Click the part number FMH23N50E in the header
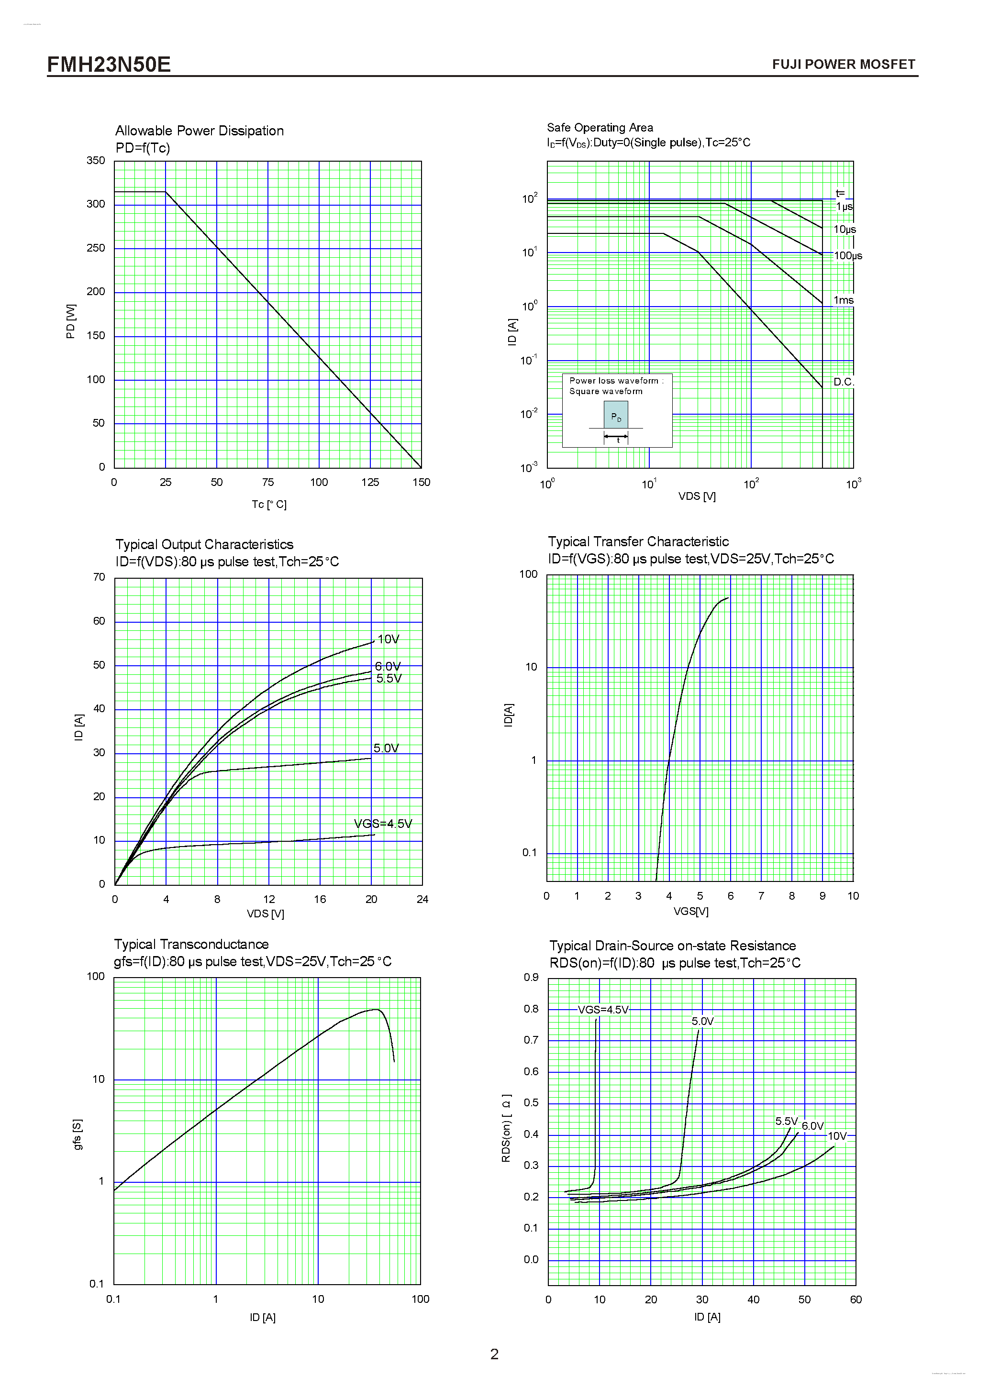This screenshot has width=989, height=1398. [109, 65]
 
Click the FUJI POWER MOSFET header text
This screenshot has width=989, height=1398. [843, 65]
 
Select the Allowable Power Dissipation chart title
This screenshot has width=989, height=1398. [199, 131]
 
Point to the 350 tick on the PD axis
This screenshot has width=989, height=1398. [96, 160]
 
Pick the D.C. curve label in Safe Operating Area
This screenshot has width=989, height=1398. [844, 382]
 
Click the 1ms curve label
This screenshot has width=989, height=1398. [843, 300]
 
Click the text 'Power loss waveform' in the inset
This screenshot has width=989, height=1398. [614, 381]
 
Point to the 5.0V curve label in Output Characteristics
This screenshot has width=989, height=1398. [386, 749]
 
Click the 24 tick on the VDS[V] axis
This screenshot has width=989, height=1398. [422, 899]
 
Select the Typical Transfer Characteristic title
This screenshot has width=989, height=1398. [638, 541]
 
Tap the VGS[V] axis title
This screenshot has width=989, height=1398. [690, 912]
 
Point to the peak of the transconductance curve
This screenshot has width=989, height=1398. [377, 1010]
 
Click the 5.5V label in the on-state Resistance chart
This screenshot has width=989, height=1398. [786, 1121]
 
